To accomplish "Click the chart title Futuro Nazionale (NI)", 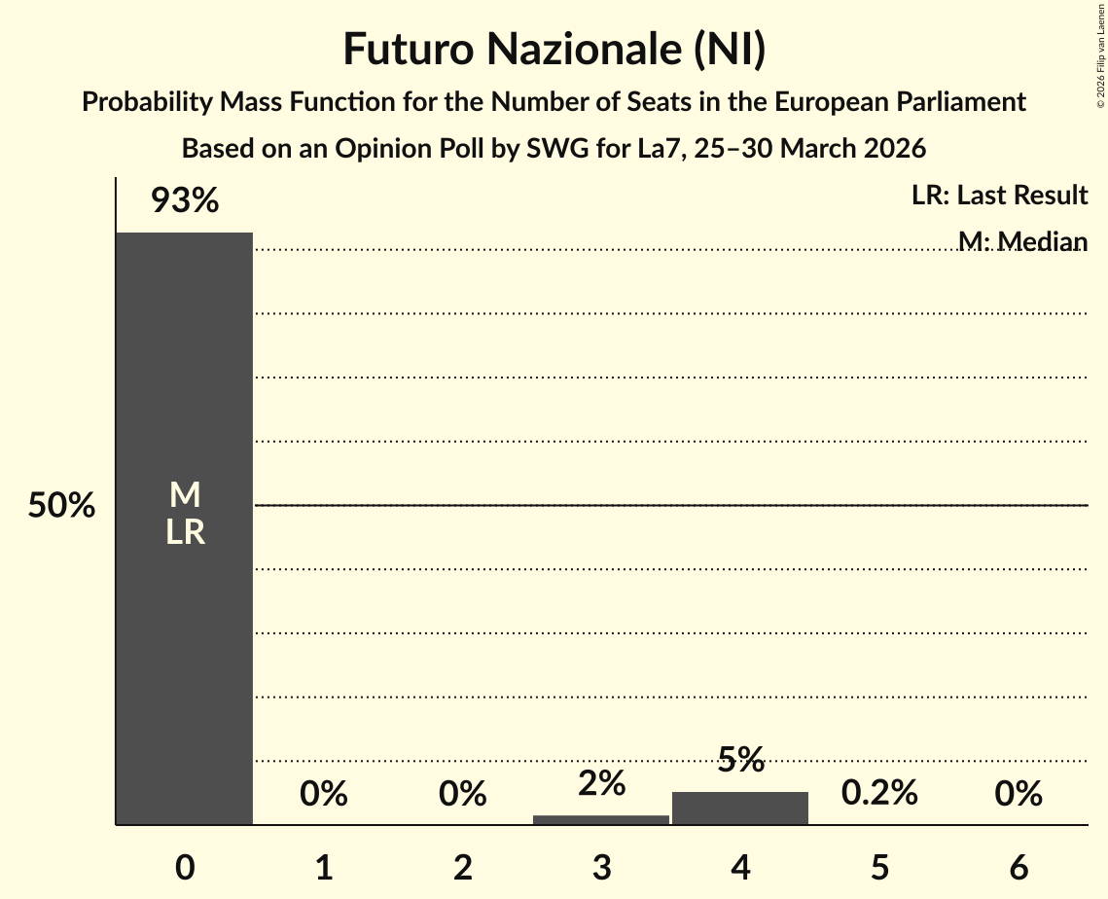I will (554, 50).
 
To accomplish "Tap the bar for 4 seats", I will (740, 809).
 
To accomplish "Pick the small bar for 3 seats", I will (601, 820).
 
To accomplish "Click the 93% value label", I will (185, 201).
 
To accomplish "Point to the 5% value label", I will (740, 760).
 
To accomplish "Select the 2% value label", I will (601, 783).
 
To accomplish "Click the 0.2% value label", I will (879, 793).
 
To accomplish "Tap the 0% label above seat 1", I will (324, 794).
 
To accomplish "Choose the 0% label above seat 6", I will (1019, 794).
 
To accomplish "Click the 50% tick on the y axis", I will (61, 506).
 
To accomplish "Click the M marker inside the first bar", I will (185, 496).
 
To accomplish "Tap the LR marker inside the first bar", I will (185, 532).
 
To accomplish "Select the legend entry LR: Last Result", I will (999, 196).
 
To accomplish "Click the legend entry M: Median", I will (1021, 241).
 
